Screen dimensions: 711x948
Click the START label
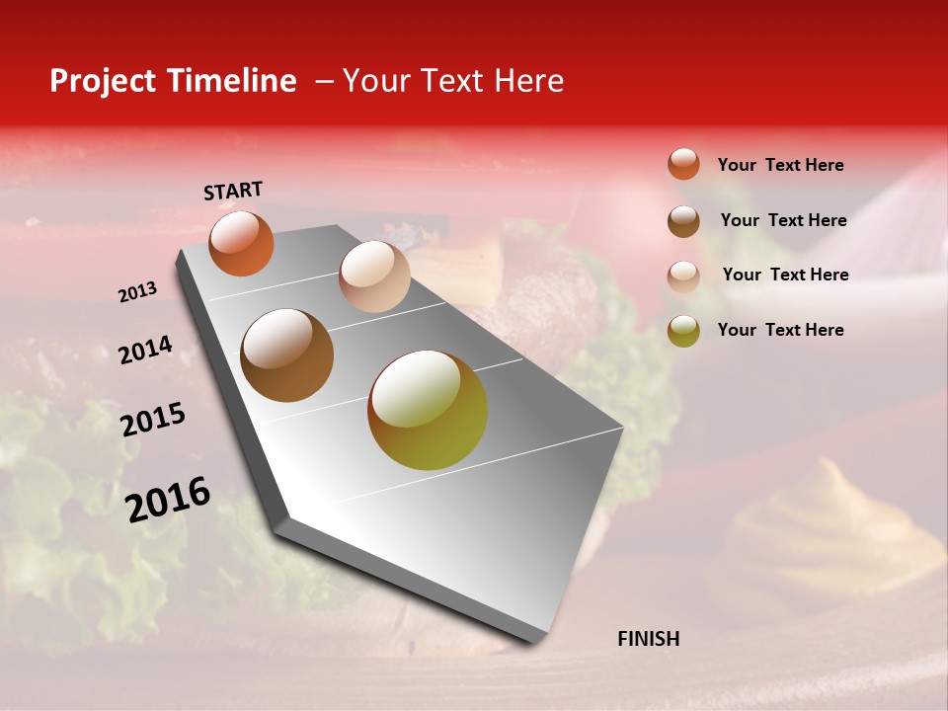pos(233,191)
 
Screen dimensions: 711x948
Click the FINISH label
pos(648,639)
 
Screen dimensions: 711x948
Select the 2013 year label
pos(137,292)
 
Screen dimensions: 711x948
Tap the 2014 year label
pos(145,351)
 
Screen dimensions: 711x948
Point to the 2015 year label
pos(153,420)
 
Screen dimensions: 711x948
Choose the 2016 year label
pos(168,500)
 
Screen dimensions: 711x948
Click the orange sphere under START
pos(241,244)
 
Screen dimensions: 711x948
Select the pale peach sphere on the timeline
pos(374,276)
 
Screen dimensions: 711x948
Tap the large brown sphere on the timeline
pos(287,355)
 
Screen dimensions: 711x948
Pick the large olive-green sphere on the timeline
pos(428,410)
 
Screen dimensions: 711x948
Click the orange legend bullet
pos(683,164)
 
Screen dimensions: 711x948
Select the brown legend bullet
pos(683,220)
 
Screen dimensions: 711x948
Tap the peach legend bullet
pos(683,276)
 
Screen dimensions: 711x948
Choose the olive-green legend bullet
pos(683,330)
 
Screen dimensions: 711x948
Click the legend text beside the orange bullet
pos(780,165)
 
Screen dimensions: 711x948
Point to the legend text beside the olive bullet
pos(780,330)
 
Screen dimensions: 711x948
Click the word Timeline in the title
pos(232,81)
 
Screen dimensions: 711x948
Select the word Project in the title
pos(104,81)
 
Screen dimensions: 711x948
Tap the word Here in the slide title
pos(529,81)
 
